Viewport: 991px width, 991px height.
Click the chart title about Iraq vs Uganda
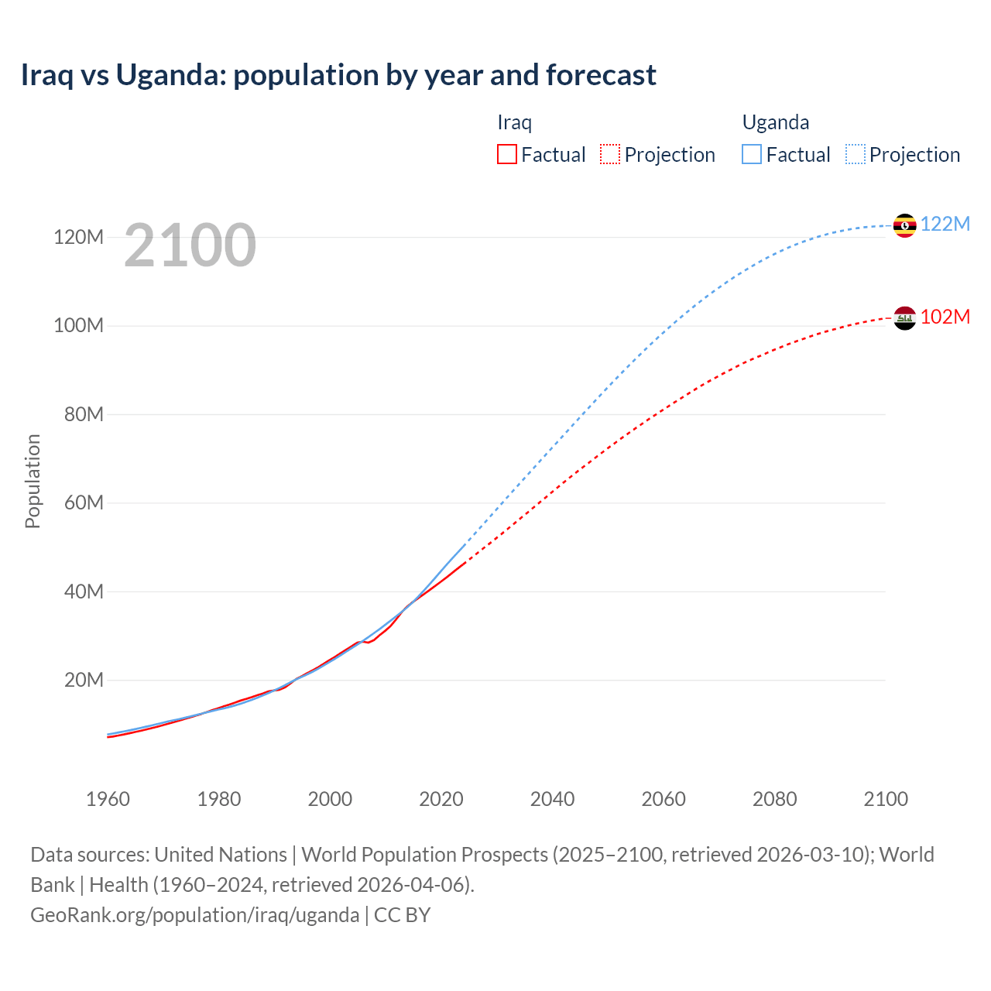click(x=338, y=75)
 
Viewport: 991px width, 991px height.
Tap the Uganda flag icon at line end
click(x=904, y=225)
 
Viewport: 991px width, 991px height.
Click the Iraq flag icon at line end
click(x=904, y=318)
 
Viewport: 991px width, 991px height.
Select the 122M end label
click(x=945, y=225)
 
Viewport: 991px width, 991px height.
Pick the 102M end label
click(x=945, y=317)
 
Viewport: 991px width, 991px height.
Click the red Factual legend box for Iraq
click(x=506, y=154)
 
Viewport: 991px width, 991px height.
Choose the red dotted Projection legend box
click(x=610, y=154)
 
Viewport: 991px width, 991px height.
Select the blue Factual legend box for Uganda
click(x=752, y=154)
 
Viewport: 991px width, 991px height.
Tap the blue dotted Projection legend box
click(x=856, y=154)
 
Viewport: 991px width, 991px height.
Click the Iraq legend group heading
click(x=514, y=122)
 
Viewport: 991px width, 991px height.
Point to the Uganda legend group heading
click(x=776, y=122)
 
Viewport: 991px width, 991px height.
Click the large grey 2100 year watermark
click(x=190, y=245)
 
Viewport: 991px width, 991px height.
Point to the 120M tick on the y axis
click(x=78, y=238)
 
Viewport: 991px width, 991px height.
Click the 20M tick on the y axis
click(x=83, y=681)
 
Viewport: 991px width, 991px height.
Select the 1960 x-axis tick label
click(x=108, y=799)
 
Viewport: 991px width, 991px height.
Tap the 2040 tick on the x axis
click(x=552, y=799)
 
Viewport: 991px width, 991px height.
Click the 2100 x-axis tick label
click(x=886, y=799)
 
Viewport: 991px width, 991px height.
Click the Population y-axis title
click(x=33, y=481)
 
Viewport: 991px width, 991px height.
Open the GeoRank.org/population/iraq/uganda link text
click(x=194, y=915)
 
